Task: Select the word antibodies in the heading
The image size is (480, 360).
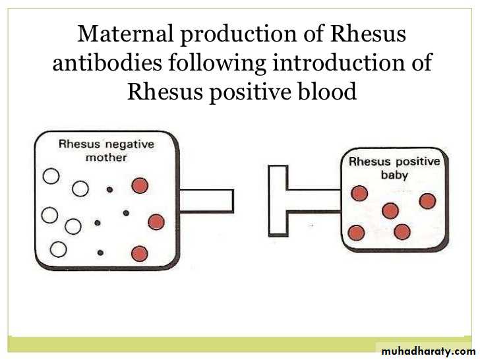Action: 107,62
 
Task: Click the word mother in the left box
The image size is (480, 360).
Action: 106,158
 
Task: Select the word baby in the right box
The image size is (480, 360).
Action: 394,175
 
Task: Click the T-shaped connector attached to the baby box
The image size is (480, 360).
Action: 278,201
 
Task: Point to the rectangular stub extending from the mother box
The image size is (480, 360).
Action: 206,201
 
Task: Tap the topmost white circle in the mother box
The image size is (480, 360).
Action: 51,176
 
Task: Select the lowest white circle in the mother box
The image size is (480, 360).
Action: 58,249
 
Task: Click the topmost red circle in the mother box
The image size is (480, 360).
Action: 140,185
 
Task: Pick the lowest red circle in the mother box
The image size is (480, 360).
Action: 140,254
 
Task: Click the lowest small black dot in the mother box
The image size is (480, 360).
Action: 100,253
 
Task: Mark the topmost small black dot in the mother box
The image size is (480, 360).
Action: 109,190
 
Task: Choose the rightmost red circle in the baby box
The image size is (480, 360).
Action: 427,201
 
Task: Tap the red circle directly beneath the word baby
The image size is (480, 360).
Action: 390,210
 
